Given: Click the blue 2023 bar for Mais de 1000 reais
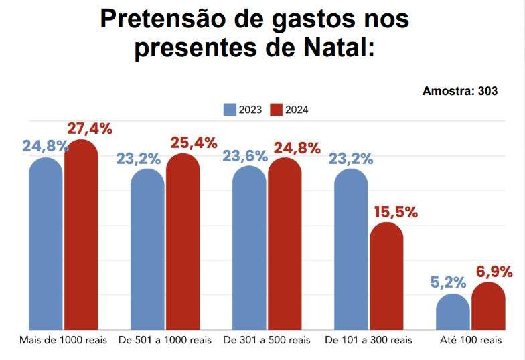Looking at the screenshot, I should (46, 244).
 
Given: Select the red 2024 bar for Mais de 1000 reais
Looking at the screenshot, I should (81, 236).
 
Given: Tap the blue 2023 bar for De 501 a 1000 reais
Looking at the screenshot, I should (147, 250).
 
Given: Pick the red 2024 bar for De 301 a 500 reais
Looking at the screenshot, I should (285, 244).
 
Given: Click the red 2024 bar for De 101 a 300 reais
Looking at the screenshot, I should (386, 276).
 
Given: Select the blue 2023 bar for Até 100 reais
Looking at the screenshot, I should (453, 312).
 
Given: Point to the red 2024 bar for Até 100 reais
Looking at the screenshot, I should (488, 306).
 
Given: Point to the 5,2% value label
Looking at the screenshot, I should (450, 283).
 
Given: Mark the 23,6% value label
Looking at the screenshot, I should (245, 156).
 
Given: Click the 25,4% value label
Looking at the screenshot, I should (194, 143).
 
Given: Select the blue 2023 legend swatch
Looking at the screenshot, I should (230, 110).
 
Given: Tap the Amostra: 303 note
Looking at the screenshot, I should (460, 91).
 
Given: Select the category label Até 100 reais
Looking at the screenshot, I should (471, 341).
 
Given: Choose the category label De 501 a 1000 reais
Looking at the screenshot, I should (165, 341).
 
